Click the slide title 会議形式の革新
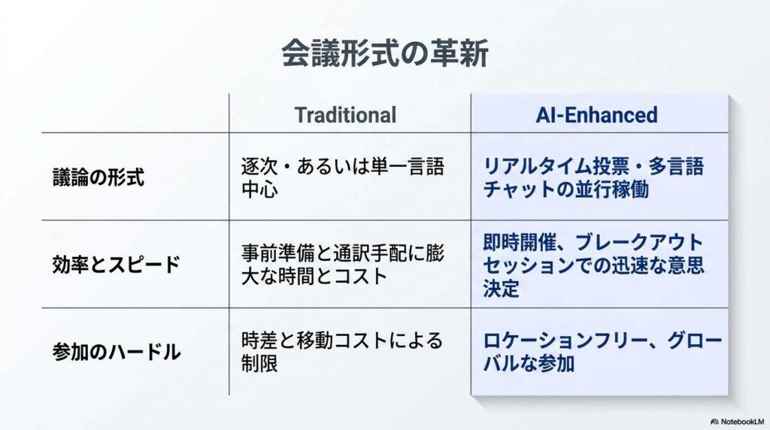coord(385,53)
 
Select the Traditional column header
coord(345,115)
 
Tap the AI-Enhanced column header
coord(596,115)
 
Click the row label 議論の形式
coord(99,177)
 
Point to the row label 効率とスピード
coord(117,265)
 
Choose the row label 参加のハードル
coord(117,352)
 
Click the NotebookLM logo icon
coord(714,422)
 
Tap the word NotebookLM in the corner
coord(742,422)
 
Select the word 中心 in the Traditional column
coord(259,189)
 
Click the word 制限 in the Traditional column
coord(259,364)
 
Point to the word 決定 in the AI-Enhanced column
coord(501,289)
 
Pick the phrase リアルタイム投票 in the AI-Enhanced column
coord(556,166)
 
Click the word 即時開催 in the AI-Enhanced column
coord(520,242)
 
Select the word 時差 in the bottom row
coord(259,341)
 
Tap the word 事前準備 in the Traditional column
coord(278,253)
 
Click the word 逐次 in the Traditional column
coord(259,166)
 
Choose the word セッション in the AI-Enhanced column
coord(529,265)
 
